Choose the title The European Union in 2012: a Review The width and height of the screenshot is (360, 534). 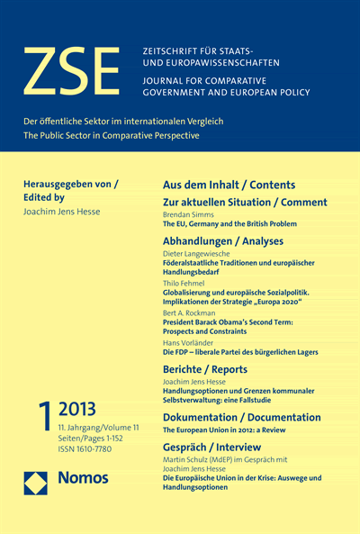coord(225,430)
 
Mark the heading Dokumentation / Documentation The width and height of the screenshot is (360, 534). coord(241,418)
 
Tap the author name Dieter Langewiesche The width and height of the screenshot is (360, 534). coord(202,255)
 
